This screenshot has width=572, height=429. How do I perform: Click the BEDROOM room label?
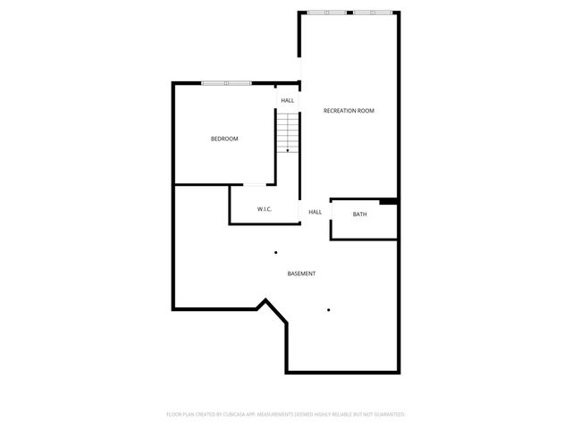[224, 139]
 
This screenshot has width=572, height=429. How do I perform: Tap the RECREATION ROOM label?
[349, 111]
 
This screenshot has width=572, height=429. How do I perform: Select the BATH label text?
[359, 214]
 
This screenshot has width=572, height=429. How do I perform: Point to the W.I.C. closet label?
[265, 209]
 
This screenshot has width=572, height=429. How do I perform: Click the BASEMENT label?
[300, 273]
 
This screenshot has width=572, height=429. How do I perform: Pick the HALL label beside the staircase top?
[288, 100]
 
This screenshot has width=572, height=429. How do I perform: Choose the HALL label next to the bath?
[315, 212]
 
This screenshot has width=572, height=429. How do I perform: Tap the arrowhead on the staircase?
[288, 151]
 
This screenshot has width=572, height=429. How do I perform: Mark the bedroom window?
[227, 83]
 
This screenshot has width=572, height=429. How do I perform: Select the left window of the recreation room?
[327, 13]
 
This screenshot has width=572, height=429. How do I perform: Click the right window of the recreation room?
[371, 13]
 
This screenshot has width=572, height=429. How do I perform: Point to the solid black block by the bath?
[388, 202]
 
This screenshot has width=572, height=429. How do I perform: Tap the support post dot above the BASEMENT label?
[276, 252]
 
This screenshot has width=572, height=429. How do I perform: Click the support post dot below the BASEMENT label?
[329, 310]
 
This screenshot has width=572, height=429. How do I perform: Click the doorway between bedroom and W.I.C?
[256, 185]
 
